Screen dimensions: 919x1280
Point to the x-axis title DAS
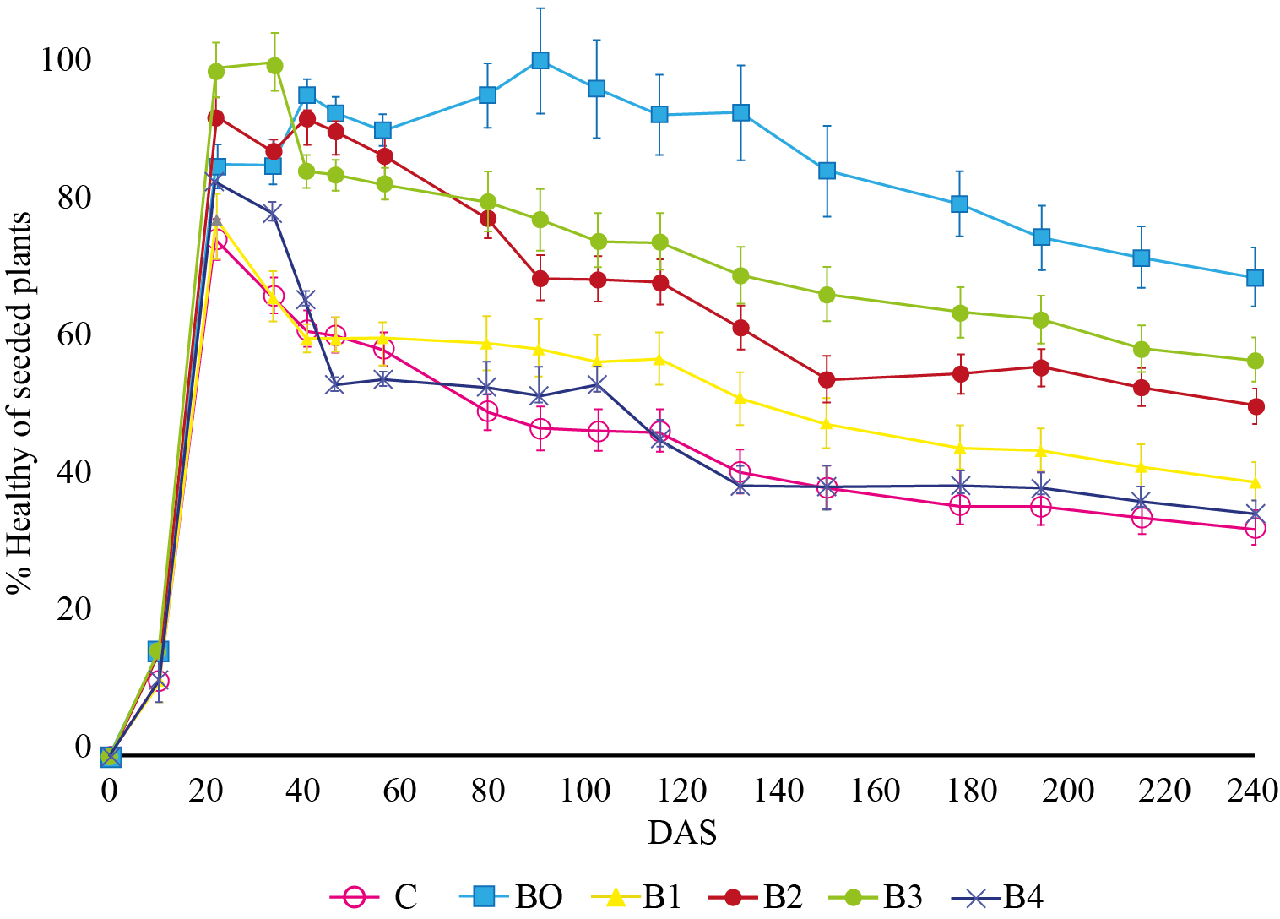(x=682, y=833)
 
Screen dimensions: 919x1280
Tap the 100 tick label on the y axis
(x=66, y=61)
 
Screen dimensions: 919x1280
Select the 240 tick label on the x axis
(x=1254, y=791)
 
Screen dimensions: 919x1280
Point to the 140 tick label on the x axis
(x=778, y=791)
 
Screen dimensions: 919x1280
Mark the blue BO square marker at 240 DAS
(x=1255, y=278)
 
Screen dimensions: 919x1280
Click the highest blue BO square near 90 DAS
(x=540, y=60)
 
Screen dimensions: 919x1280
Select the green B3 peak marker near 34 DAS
(x=274, y=65)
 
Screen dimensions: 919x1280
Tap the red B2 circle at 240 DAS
(x=1256, y=406)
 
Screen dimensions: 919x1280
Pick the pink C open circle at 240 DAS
(x=1256, y=528)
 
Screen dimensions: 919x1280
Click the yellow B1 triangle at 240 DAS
(x=1256, y=482)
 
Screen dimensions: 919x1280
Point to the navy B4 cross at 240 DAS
(x=1256, y=513)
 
